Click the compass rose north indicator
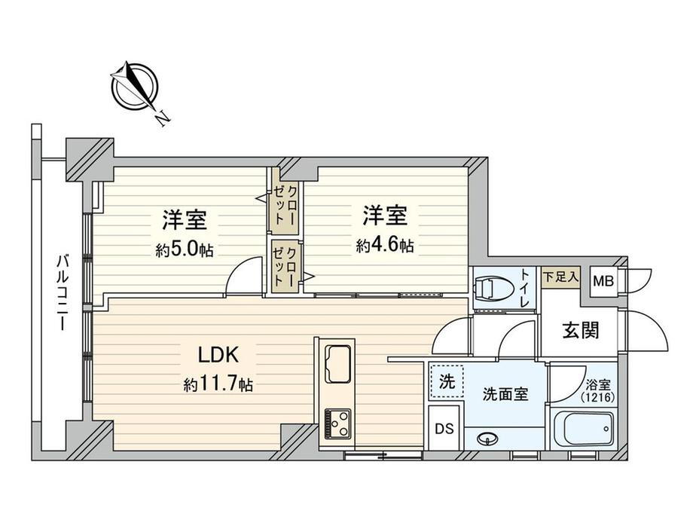pyautogui.click(x=134, y=86)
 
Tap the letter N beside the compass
pyautogui.click(x=163, y=118)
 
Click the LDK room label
pyautogui.click(x=218, y=355)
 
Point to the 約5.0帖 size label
pyautogui.click(x=185, y=251)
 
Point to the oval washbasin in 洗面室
pyautogui.click(x=488, y=439)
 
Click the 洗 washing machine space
pyautogui.click(x=447, y=381)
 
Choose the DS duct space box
pyautogui.click(x=444, y=429)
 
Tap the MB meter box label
pyautogui.click(x=603, y=281)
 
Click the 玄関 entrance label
pyautogui.click(x=581, y=330)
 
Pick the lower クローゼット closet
pyautogui.click(x=285, y=267)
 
